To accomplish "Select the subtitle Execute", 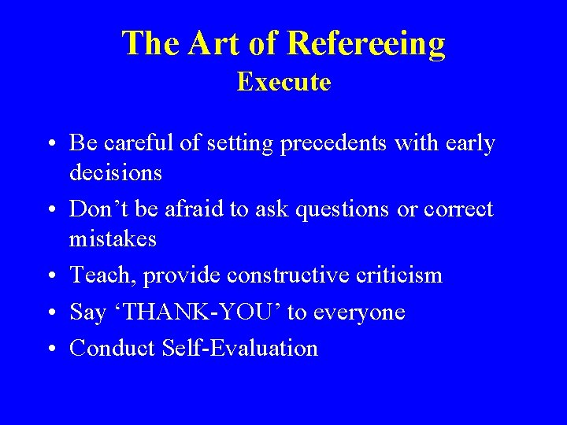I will [283, 82].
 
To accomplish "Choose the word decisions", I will [116, 172].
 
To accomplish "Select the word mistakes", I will [113, 238].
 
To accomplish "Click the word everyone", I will [358, 312].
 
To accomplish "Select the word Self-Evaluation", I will [242, 349].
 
